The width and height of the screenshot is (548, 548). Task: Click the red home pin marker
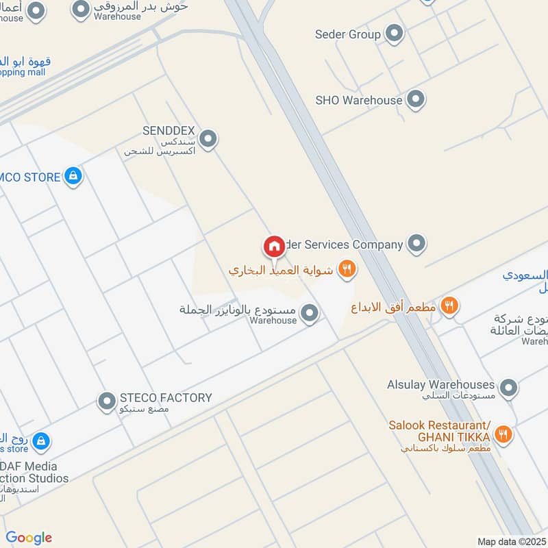click(x=274, y=247)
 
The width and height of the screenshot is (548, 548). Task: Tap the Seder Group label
click(x=347, y=34)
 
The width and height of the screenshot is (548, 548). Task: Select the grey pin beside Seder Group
click(x=394, y=33)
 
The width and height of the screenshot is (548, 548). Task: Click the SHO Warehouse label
click(x=358, y=100)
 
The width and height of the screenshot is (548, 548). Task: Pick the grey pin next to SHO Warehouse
click(x=415, y=100)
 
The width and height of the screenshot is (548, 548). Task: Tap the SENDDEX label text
click(x=169, y=130)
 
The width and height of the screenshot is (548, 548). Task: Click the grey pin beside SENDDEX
click(x=209, y=140)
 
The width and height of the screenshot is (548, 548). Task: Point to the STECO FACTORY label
click(x=166, y=397)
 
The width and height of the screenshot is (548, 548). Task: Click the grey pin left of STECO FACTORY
click(x=107, y=401)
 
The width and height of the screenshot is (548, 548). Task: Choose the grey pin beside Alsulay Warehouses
click(x=508, y=388)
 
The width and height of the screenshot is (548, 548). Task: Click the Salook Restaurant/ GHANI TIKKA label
click(x=439, y=431)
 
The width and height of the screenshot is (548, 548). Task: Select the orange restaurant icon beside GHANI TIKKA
click(x=503, y=434)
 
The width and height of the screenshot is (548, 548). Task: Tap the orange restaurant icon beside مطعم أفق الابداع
click(x=449, y=306)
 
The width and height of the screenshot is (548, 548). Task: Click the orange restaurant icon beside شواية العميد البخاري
click(x=348, y=269)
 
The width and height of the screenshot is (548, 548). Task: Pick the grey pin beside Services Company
click(x=416, y=243)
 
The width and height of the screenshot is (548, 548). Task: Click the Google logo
click(x=29, y=538)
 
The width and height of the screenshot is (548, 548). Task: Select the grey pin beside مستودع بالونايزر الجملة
click(x=310, y=314)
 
